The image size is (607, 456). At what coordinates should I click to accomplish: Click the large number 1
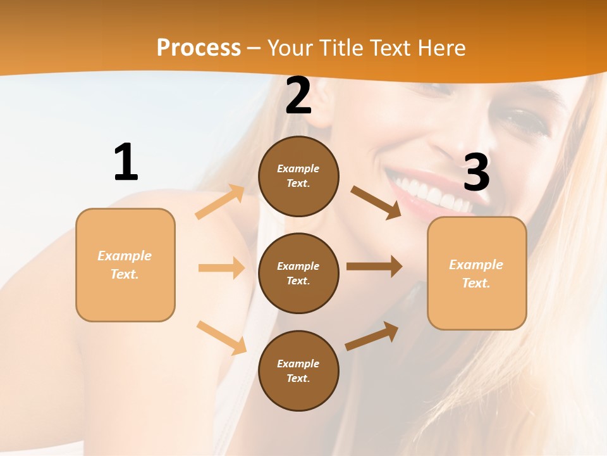coord(126,162)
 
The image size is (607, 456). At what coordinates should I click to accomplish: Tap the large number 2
coord(298,96)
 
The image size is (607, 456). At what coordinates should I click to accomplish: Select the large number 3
coord(476,172)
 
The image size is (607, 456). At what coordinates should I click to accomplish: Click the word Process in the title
coord(199,47)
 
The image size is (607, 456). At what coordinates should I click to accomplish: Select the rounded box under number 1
coord(125,265)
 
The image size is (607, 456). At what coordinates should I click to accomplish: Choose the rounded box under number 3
coord(477,273)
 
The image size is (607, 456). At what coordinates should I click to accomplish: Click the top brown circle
coord(298,176)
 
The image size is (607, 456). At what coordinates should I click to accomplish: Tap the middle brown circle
coord(298,273)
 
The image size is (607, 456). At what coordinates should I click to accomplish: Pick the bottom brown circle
coord(298,370)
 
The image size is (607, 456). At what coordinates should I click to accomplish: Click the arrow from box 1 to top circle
coord(220,201)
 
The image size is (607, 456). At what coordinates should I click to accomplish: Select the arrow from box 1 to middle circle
coord(221,268)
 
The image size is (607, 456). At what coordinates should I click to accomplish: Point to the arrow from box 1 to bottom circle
coord(221,338)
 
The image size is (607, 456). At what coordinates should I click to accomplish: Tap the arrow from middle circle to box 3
coord(374,267)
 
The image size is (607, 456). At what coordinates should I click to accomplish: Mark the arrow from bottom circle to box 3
coord(372,336)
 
